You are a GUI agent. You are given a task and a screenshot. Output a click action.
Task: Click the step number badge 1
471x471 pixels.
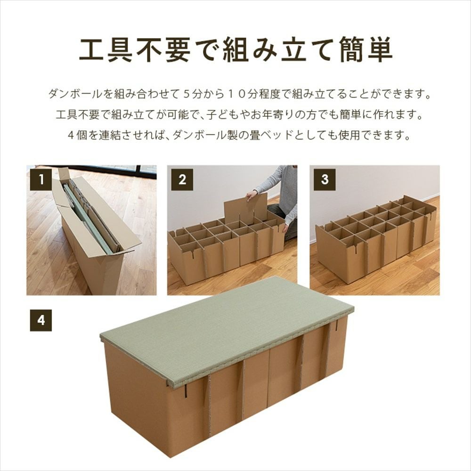click(x=42, y=180)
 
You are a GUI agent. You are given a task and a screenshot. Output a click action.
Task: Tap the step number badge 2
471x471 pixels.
click(x=182, y=180)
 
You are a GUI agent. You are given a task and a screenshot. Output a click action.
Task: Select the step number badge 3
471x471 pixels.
click(x=324, y=180)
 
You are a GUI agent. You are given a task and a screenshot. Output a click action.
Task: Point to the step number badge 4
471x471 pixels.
click(x=41, y=320)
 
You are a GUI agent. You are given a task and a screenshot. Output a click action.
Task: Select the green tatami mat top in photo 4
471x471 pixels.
click(x=226, y=325)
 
